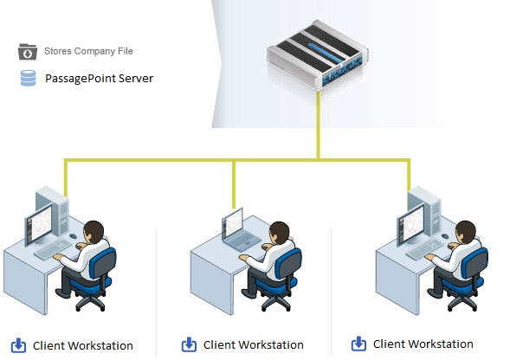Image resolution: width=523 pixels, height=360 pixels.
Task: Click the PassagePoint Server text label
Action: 99,79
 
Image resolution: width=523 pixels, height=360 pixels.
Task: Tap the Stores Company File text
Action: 88,52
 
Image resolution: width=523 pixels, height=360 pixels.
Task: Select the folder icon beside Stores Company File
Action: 29,52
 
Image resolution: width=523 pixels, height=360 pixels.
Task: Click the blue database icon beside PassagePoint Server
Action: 29,79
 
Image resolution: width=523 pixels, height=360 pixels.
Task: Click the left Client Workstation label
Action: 83,346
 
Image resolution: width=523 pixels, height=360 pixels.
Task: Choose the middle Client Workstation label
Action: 253,345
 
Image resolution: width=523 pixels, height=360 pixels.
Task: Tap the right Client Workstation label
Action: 423,344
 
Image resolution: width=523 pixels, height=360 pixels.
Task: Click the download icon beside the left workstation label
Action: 19,345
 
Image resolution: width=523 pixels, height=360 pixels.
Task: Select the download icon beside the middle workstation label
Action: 189,345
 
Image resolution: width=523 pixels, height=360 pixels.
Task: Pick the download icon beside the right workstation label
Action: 359,344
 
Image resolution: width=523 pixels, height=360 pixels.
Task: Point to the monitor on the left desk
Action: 43,227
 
